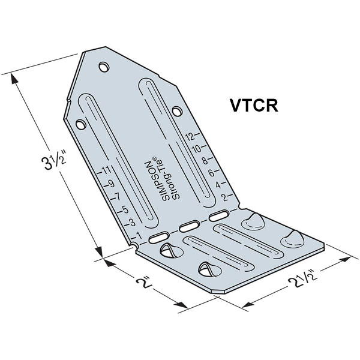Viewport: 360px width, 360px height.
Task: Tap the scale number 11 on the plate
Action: (x=106, y=170)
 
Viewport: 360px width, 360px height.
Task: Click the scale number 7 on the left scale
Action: (x=118, y=197)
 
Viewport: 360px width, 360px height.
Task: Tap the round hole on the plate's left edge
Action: (x=78, y=123)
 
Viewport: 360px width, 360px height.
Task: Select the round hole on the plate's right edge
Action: (x=176, y=110)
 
